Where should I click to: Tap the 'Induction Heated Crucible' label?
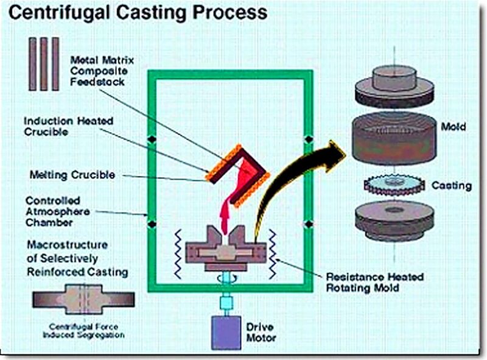click(68, 126)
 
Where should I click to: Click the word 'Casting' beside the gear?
click(450, 185)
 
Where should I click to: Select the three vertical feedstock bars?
click(43, 63)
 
